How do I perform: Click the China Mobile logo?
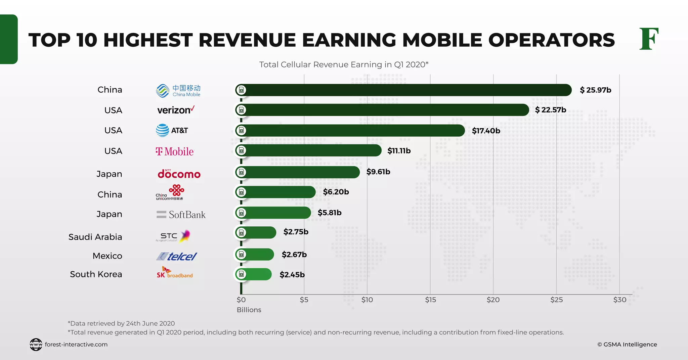click(178, 91)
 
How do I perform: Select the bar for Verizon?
click(383, 110)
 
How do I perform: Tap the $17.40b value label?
click(486, 131)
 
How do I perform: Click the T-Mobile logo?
click(175, 151)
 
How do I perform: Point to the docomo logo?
click(179, 174)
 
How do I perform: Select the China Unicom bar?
click(279, 192)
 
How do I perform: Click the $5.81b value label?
click(330, 213)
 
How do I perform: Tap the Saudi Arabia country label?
click(95, 237)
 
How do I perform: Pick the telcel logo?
click(177, 257)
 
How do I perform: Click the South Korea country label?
click(96, 274)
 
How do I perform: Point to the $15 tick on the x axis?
click(430, 300)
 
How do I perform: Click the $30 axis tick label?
click(619, 300)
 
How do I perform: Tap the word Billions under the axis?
click(249, 310)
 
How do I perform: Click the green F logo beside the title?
click(649, 39)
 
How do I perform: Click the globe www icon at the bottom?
click(36, 345)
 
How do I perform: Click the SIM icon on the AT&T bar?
click(241, 130)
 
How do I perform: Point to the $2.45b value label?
click(292, 275)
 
